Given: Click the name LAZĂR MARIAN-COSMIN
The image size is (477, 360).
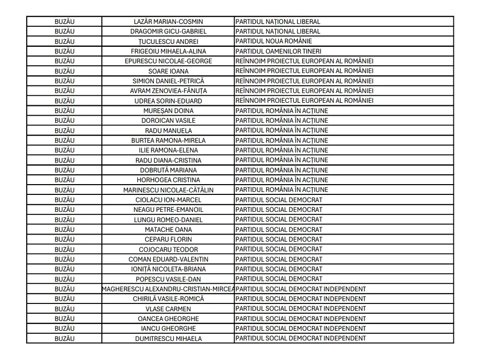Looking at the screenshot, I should tap(168, 22).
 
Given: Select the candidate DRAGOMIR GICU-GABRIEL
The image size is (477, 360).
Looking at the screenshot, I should tap(168, 31).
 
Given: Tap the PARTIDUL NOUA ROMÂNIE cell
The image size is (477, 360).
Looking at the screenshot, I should tap(274, 41).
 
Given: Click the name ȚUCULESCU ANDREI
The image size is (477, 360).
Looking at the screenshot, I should tap(168, 42).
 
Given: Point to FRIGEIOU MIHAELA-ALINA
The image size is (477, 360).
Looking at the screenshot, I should tap(168, 51).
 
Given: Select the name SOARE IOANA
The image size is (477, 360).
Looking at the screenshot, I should tap(168, 71).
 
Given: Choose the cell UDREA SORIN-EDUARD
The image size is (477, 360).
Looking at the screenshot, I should tap(168, 101).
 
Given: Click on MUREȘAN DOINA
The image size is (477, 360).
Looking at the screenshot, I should tap(168, 111).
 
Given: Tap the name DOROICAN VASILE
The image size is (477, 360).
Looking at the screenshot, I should tap(168, 120).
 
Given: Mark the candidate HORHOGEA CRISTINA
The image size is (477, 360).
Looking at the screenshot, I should tap(168, 180).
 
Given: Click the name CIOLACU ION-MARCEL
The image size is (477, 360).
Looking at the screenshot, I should tap(168, 200).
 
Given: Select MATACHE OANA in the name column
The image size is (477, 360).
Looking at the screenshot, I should tap(168, 229).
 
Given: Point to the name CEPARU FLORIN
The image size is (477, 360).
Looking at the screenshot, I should tap(168, 239).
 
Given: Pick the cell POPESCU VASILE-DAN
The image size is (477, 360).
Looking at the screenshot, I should tap(168, 279).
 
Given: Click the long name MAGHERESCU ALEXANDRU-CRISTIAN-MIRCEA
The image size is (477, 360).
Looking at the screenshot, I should tap(168, 289).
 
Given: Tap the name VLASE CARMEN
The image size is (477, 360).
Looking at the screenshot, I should tap(168, 309).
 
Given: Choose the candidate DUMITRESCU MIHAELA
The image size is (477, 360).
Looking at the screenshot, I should tap(168, 339).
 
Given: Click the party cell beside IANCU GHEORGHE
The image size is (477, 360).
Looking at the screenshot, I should tap(301, 329).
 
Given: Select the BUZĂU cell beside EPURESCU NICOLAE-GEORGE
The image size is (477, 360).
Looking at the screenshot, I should tap(64, 61).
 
